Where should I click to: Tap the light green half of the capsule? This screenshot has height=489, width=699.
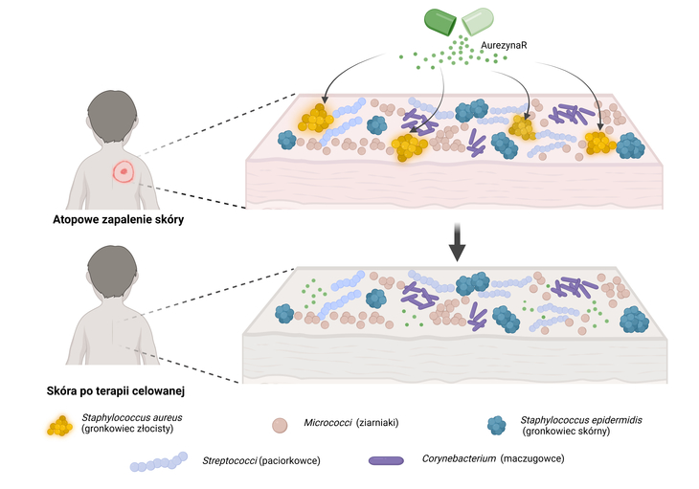(480, 20)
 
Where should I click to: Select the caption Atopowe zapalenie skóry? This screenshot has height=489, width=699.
(105, 220)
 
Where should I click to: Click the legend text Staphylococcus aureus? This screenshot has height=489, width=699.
(131, 418)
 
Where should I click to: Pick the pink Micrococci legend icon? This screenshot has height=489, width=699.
(280, 424)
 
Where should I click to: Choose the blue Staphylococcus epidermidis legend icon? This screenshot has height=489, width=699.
(497, 424)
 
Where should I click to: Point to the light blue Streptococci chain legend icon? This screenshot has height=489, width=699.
(159, 462)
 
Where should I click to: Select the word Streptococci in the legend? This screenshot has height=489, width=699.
(230, 461)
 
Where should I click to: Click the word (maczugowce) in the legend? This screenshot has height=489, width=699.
(531, 459)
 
